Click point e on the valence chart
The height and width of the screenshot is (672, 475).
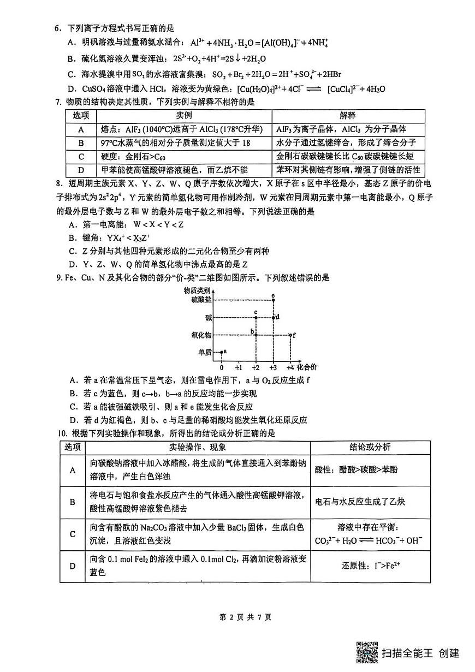tap(273, 300)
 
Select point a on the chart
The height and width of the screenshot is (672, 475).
tap(221, 352)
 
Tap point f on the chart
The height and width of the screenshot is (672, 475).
tap(290, 335)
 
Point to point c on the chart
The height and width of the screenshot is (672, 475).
tap(256, 317)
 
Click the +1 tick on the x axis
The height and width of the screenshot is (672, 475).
tap(239, 367)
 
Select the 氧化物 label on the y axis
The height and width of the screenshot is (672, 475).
tap(201, 335)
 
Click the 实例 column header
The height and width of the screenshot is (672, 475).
tap(184, 115)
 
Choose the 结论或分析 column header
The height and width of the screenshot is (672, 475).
tap(370, 447)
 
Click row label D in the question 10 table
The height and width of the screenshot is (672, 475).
tap(73, 565)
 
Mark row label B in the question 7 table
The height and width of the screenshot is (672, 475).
tap(81, 142)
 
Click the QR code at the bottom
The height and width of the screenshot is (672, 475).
tap(367, 652)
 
